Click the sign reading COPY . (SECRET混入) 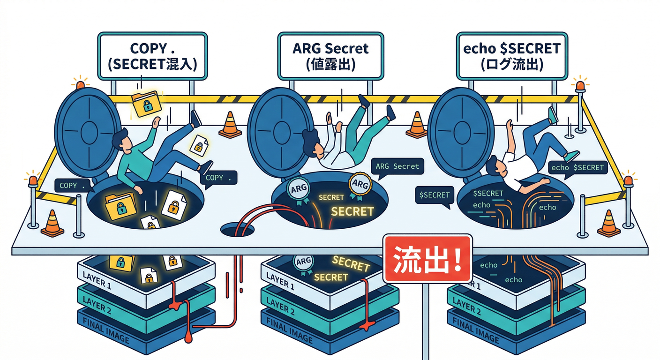(152, 55)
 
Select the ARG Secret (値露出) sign (330, 55)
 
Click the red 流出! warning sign (427, 259)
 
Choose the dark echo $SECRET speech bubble (577, 168)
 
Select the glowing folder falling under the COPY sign (146, 104)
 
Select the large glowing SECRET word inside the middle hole (352, 211)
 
